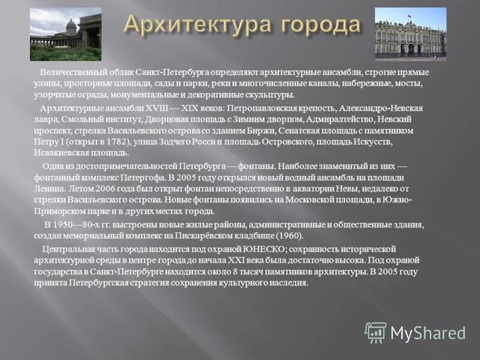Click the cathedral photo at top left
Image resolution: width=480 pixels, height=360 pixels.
65,34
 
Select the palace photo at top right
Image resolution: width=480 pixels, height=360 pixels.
410,34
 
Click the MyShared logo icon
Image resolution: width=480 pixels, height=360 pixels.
376,332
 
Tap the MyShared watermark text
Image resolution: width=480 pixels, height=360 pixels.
428,333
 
